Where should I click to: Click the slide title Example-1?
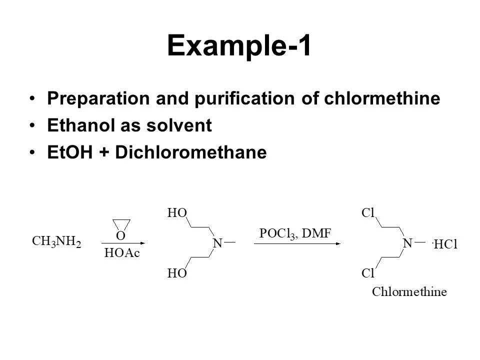click(239, 46)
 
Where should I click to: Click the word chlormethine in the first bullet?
click(382, 98)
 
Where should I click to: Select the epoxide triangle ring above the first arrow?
click(121, 224)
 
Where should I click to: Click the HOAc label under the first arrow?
click(122, 254)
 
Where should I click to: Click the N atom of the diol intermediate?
click(218, 243)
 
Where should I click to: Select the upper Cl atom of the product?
click(368, 213)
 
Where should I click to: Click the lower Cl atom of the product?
click(368, 273)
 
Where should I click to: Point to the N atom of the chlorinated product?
click(407, 243)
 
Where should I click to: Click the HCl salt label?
click(446, 244)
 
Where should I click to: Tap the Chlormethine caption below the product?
click(409, 292)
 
